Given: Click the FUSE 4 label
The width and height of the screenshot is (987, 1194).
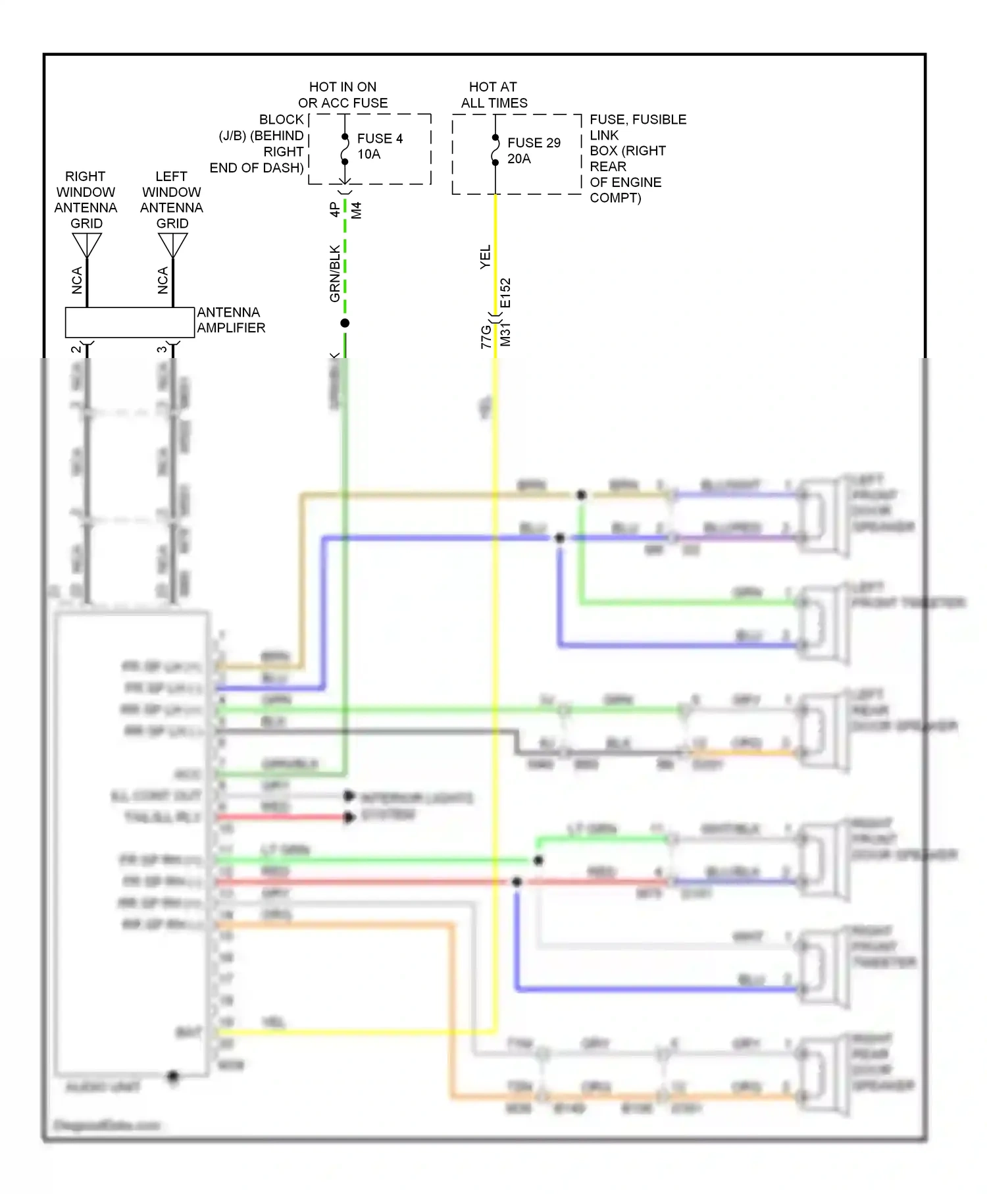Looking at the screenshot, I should (x=380, y=138).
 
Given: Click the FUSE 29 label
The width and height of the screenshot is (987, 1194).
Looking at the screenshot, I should (x=534, y=143).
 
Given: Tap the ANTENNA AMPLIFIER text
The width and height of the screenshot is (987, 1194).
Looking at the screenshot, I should (x=231, y=320).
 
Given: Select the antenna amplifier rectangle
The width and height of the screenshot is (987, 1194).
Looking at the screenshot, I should (x=130, y=323).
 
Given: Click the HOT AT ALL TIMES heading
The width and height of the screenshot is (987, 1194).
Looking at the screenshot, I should (x=493, y=95).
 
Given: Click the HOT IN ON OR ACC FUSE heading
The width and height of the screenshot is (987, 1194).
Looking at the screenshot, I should (x=343, y=95).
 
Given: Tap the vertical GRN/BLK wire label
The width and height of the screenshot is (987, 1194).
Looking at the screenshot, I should (x=335, y=273).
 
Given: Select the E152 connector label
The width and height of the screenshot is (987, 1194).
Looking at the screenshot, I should (x=505, y=293).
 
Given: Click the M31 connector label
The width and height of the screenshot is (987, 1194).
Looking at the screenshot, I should (x=505, y=334).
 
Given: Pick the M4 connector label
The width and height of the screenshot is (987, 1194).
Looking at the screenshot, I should (x=357, y=211).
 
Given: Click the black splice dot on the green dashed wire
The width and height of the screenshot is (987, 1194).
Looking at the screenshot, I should (x=345, y=323).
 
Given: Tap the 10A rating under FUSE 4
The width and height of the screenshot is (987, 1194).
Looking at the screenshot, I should (x=368, y=154).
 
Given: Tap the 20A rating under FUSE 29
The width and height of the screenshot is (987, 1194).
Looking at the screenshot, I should (x=519, y=159).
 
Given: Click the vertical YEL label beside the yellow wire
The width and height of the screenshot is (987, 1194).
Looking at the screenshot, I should (x=485, y=257).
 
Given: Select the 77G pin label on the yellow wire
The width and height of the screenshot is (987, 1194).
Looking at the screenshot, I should (x=486, y=336).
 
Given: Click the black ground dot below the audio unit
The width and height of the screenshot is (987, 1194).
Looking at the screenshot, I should (x=173, y=1077).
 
